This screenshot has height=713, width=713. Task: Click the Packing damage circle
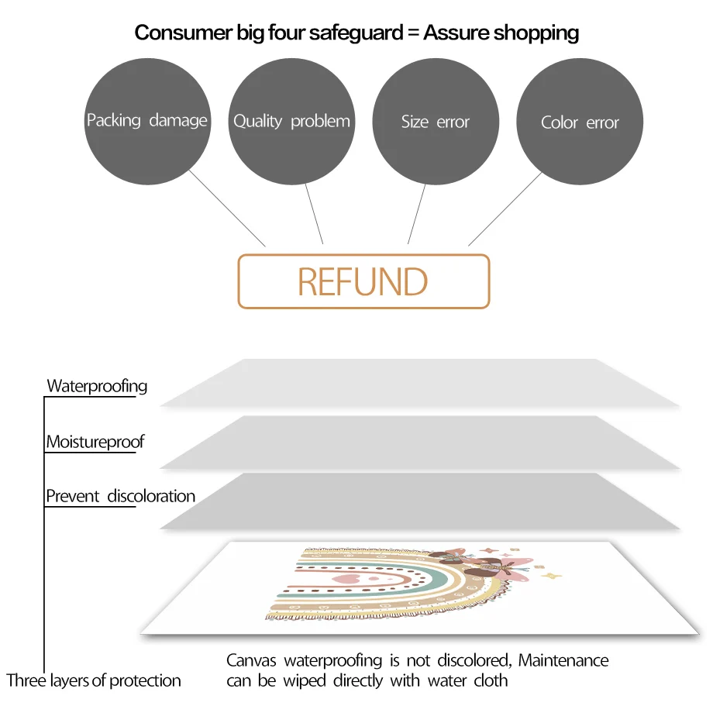click(147, 122)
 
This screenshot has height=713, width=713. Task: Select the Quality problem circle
click(291, 122)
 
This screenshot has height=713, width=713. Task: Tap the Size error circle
click(436, 122)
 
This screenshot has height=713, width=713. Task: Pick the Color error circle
click(580, 122)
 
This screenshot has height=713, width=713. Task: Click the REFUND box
click(363, 281)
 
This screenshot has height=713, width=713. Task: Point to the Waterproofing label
click(97, 386)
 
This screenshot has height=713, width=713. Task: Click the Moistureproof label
click(95, 443)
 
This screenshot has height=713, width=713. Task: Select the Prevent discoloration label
click(120, 496)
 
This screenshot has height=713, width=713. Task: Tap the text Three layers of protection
click(94, 681)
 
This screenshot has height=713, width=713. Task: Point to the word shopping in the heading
click(536, 33)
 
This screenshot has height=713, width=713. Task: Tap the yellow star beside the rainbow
click(552, 576)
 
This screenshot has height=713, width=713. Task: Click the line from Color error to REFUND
click(505, 208)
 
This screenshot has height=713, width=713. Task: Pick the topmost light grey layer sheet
click(418, 383)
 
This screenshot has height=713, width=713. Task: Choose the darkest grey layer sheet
click(418, 501)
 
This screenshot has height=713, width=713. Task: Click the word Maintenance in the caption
click(563, 661)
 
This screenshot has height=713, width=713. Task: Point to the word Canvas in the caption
click(253, 661)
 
